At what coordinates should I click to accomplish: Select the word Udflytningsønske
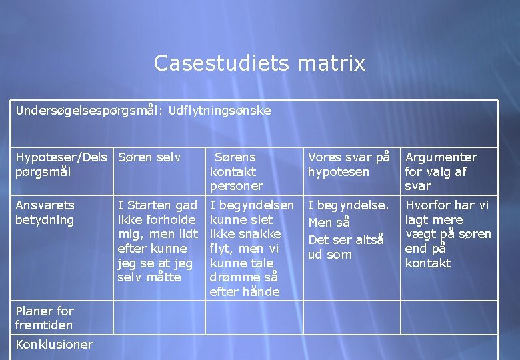[x=220, y=110]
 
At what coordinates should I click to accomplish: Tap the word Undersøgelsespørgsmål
[x=89, y=110]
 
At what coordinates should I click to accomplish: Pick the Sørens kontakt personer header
[x=237, y=171]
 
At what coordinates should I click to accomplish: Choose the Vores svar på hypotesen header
[x=348, y=165]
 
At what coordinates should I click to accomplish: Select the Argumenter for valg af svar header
[x=441, y=171]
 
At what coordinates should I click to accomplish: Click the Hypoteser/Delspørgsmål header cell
[x=61, y=165]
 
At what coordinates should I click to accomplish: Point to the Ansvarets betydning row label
[x=45, y=213]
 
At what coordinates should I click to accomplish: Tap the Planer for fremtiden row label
[x=45, y=318]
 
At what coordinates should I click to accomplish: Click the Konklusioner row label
[x=54, y=344]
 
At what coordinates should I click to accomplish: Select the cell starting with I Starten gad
[x=157, y=241]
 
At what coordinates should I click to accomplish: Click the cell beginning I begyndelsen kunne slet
[x=251, y=248]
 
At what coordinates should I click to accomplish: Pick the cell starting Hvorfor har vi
[x=447, y=233]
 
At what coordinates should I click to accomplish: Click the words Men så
[x=329, y=221]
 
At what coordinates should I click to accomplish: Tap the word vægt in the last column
[x=419, y=234]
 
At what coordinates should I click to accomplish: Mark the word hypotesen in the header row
[x=338, y=172]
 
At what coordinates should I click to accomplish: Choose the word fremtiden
[x=44, y=325]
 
